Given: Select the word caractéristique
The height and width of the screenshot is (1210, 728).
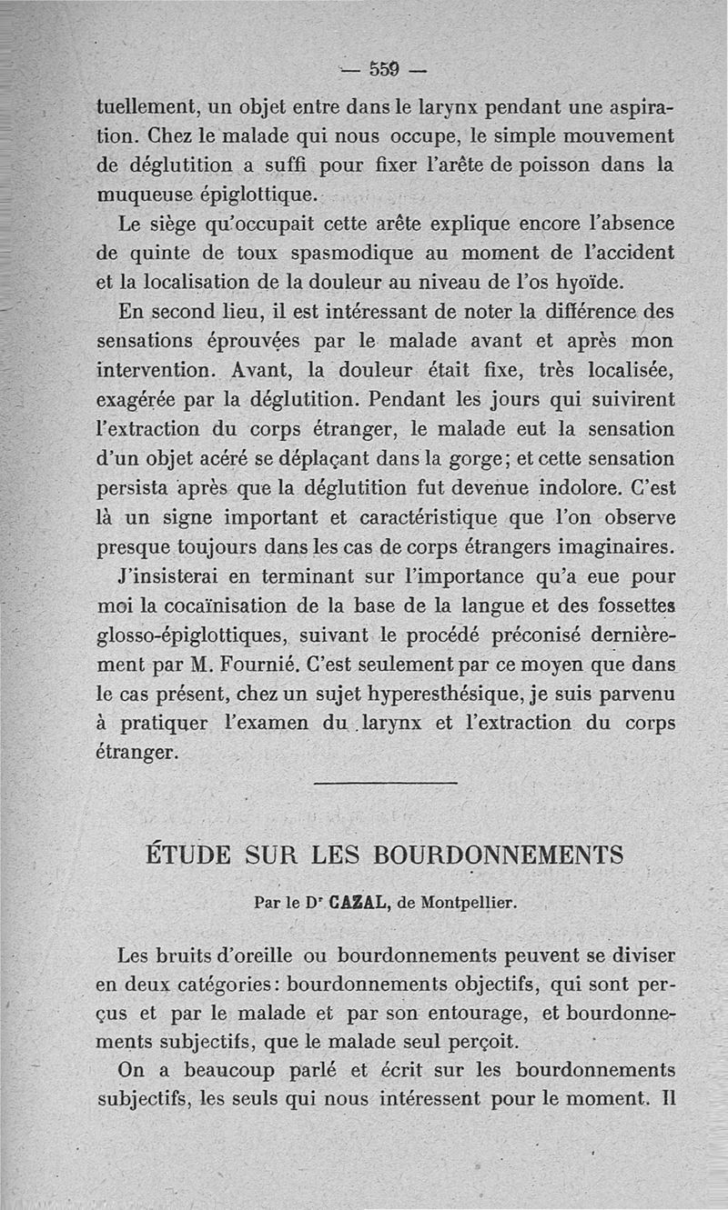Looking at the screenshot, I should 396,516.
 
